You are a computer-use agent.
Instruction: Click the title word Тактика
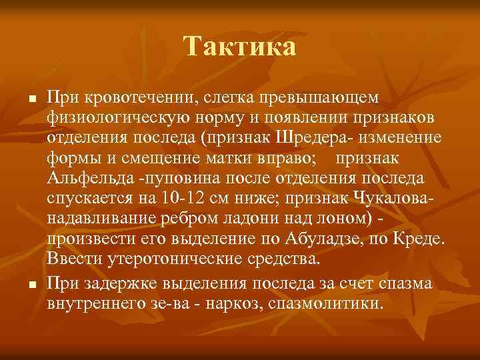[240, 47]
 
